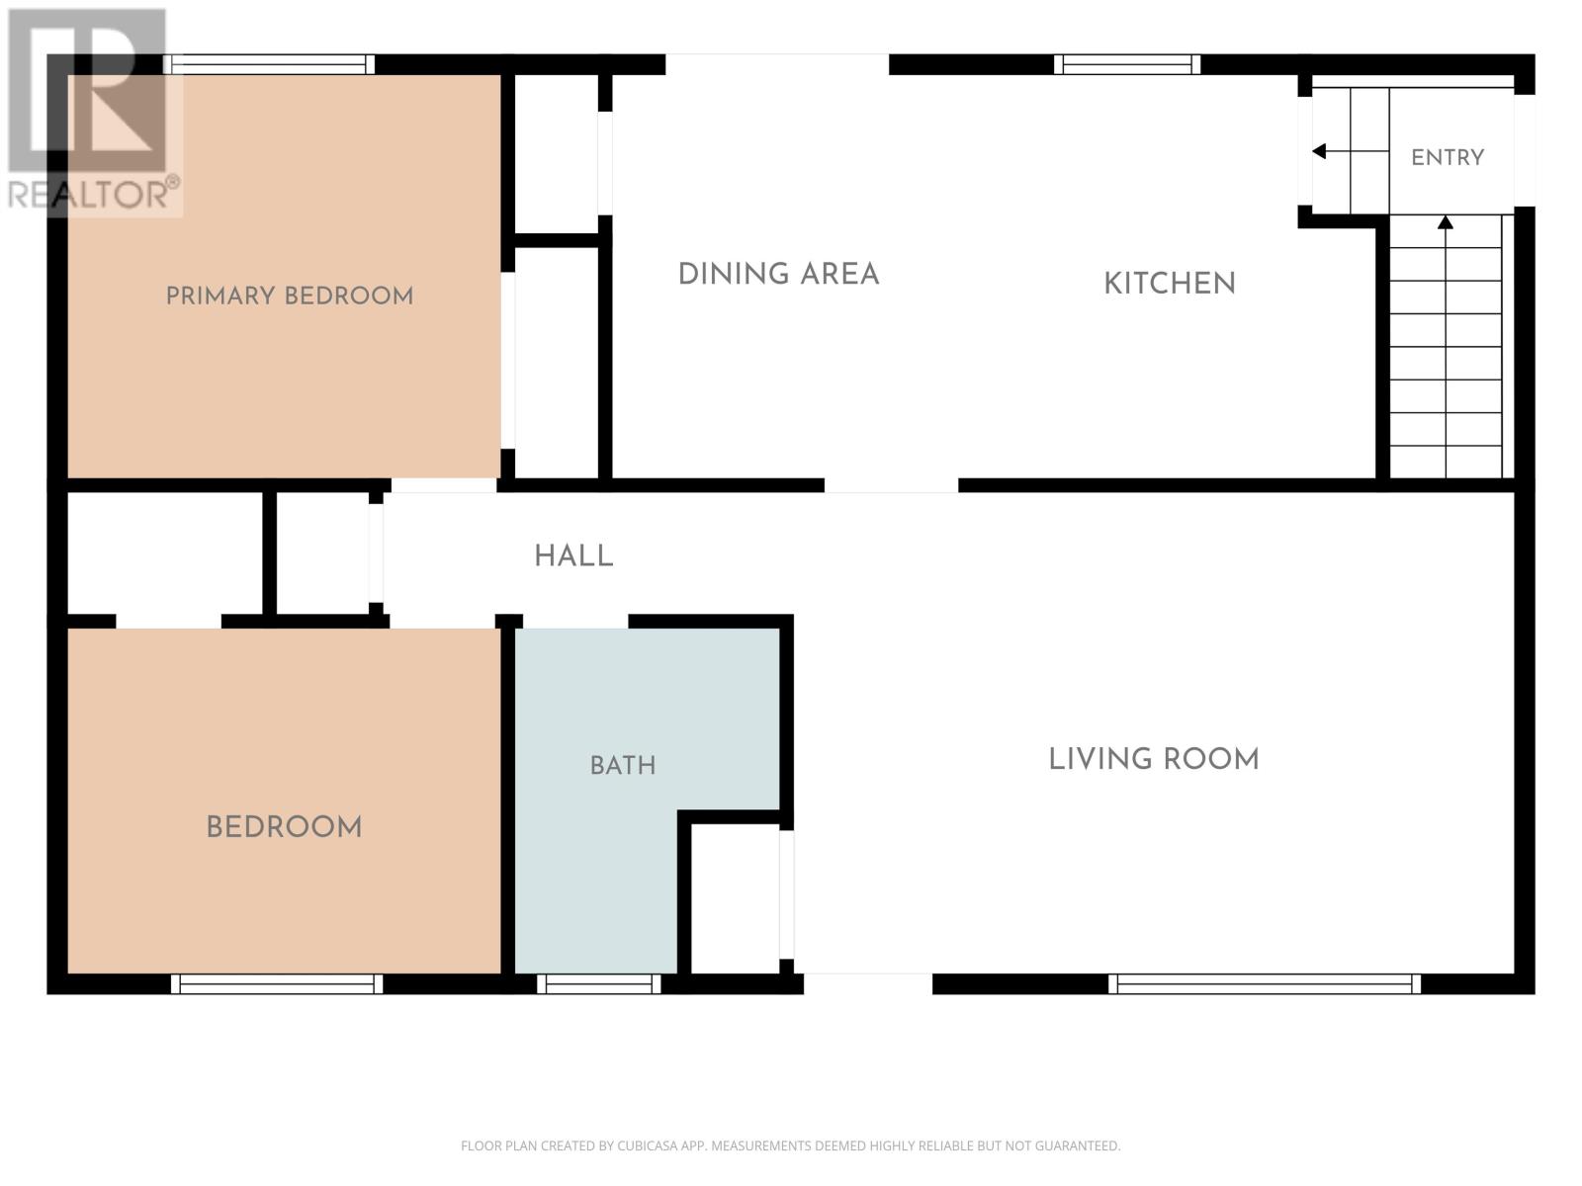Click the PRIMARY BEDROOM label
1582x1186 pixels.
290,296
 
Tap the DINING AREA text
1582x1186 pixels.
778,274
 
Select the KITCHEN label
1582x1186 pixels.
1170,283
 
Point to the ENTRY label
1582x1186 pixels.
1448,157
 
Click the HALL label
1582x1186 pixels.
573,555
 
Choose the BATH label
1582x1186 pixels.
623,765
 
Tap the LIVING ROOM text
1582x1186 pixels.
1153,759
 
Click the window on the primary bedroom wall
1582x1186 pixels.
269,64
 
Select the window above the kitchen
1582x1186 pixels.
1127,64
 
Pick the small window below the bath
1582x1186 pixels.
599,983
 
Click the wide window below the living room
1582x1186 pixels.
1265,983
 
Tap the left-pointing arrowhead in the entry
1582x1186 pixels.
1319,151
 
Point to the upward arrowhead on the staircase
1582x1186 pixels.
1446,222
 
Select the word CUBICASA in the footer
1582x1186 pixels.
647,1145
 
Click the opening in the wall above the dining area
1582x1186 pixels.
777,64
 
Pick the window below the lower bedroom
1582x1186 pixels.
277,983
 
